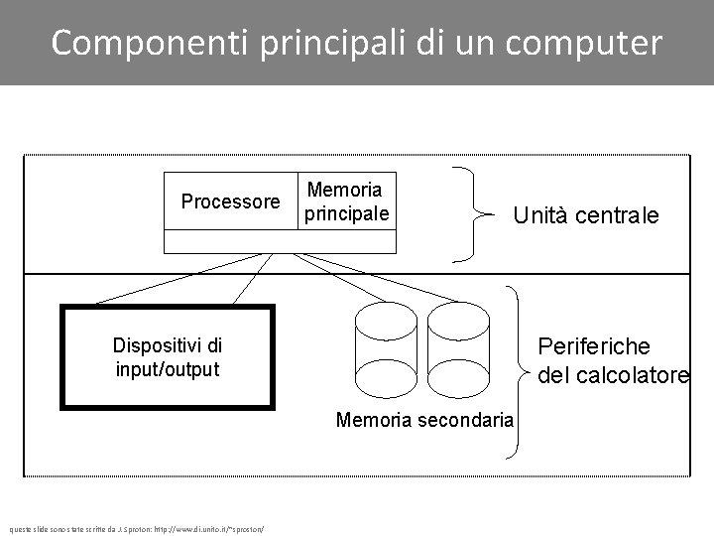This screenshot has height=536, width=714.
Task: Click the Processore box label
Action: (x=230, y=201)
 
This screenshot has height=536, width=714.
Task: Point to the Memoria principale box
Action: (x=346, y=201)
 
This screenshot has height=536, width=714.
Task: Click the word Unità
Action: (x=544, y=215)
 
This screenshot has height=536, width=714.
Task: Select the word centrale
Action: (x=622, y=215)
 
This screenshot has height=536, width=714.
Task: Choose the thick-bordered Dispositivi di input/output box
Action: (x=167, y=357)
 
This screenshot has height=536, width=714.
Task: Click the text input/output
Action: (x=167, y=369)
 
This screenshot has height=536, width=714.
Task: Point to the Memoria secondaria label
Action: (x=424, y=420)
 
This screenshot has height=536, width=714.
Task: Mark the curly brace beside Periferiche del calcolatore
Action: (x=516, y=372)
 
